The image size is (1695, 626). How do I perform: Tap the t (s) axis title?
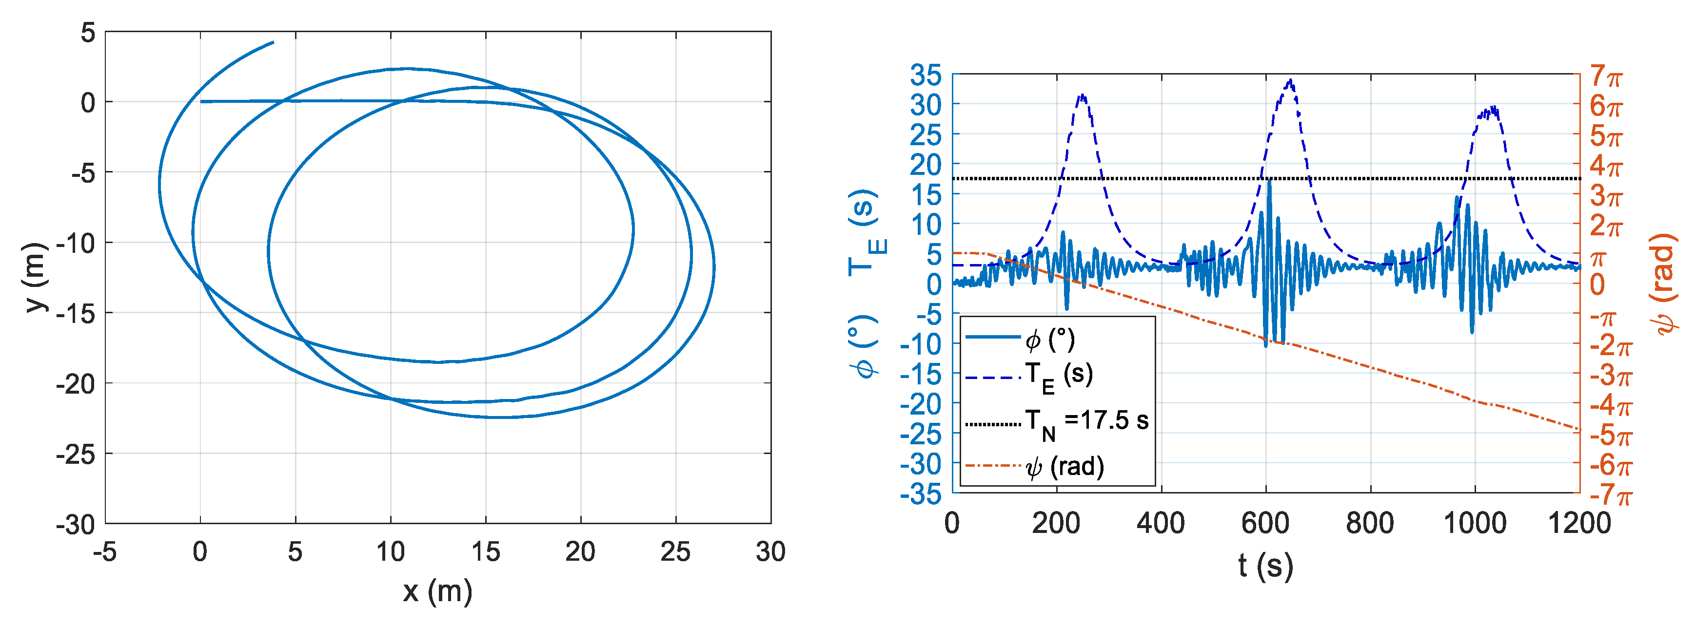point(1265,566)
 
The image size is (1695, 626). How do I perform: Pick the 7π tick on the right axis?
point(1606,76)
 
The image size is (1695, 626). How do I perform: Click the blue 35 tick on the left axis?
point(926,76)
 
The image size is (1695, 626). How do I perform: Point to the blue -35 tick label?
point(921,494)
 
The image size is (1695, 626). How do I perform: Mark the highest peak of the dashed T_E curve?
point(1291,81)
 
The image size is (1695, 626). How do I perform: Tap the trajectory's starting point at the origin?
point(201,101)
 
